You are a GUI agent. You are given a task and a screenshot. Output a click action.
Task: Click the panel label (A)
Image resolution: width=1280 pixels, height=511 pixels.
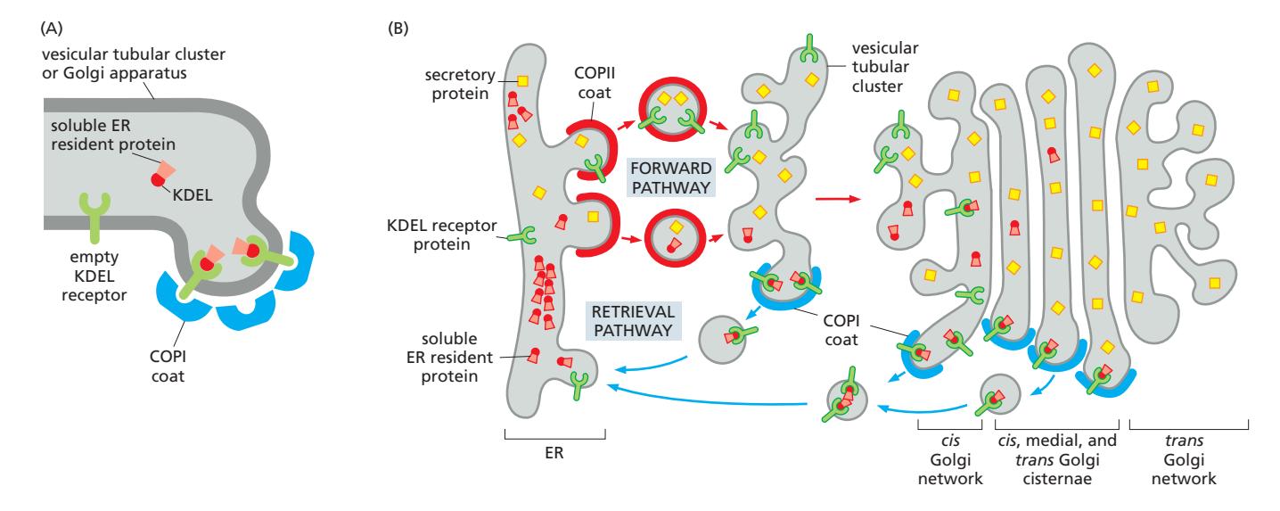pyautogui.click(x=53, y=28)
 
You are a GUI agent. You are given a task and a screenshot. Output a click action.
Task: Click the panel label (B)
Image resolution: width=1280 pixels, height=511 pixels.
pyautogui.click(x=398, y=28)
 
